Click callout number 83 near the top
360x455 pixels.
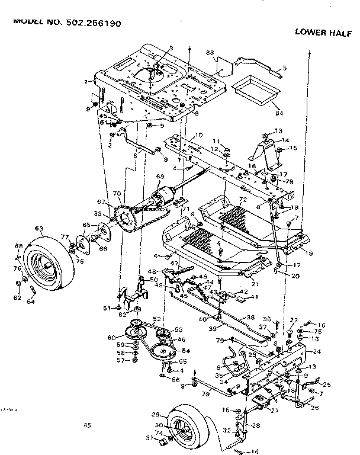(x=210, y=54)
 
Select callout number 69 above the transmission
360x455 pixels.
(x=159, y=177)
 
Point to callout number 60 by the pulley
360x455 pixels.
(x=111, y=338)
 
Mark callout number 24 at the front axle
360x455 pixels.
(x=317, y=351)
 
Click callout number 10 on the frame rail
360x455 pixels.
(x=199, y=134)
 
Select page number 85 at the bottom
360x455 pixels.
(x=88, y=424)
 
